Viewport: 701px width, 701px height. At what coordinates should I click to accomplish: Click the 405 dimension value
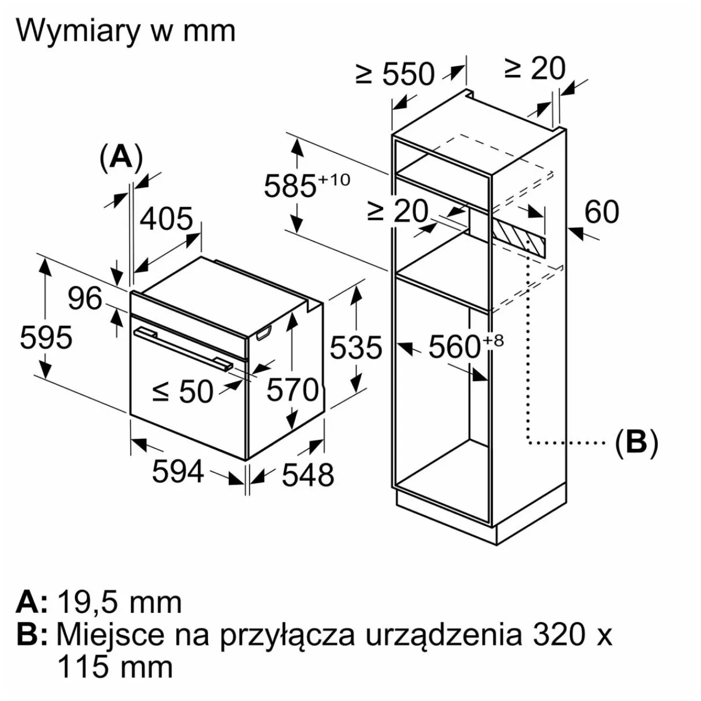click(166, 219)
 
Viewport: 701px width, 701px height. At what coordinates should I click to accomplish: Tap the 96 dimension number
click(85, 298)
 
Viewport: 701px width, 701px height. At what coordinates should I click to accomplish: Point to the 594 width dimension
click(177, 472)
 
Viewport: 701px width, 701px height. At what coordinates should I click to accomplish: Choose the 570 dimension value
click(292, 390)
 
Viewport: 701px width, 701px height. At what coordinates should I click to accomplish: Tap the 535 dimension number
click(355, 347)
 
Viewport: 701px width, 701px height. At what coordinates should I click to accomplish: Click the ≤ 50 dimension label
click(183, 392)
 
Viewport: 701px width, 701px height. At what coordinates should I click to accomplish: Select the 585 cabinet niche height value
click(290, 186)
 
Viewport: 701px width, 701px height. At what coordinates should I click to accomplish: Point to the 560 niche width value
click(454, 346)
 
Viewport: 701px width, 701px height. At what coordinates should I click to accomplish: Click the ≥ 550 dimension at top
click(395, 74)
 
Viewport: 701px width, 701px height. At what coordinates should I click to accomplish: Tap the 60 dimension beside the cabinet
click(601, 211)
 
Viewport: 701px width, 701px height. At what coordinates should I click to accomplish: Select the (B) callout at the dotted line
click(636, 441)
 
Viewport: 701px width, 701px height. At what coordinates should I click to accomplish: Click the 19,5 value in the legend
click(86, 602)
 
